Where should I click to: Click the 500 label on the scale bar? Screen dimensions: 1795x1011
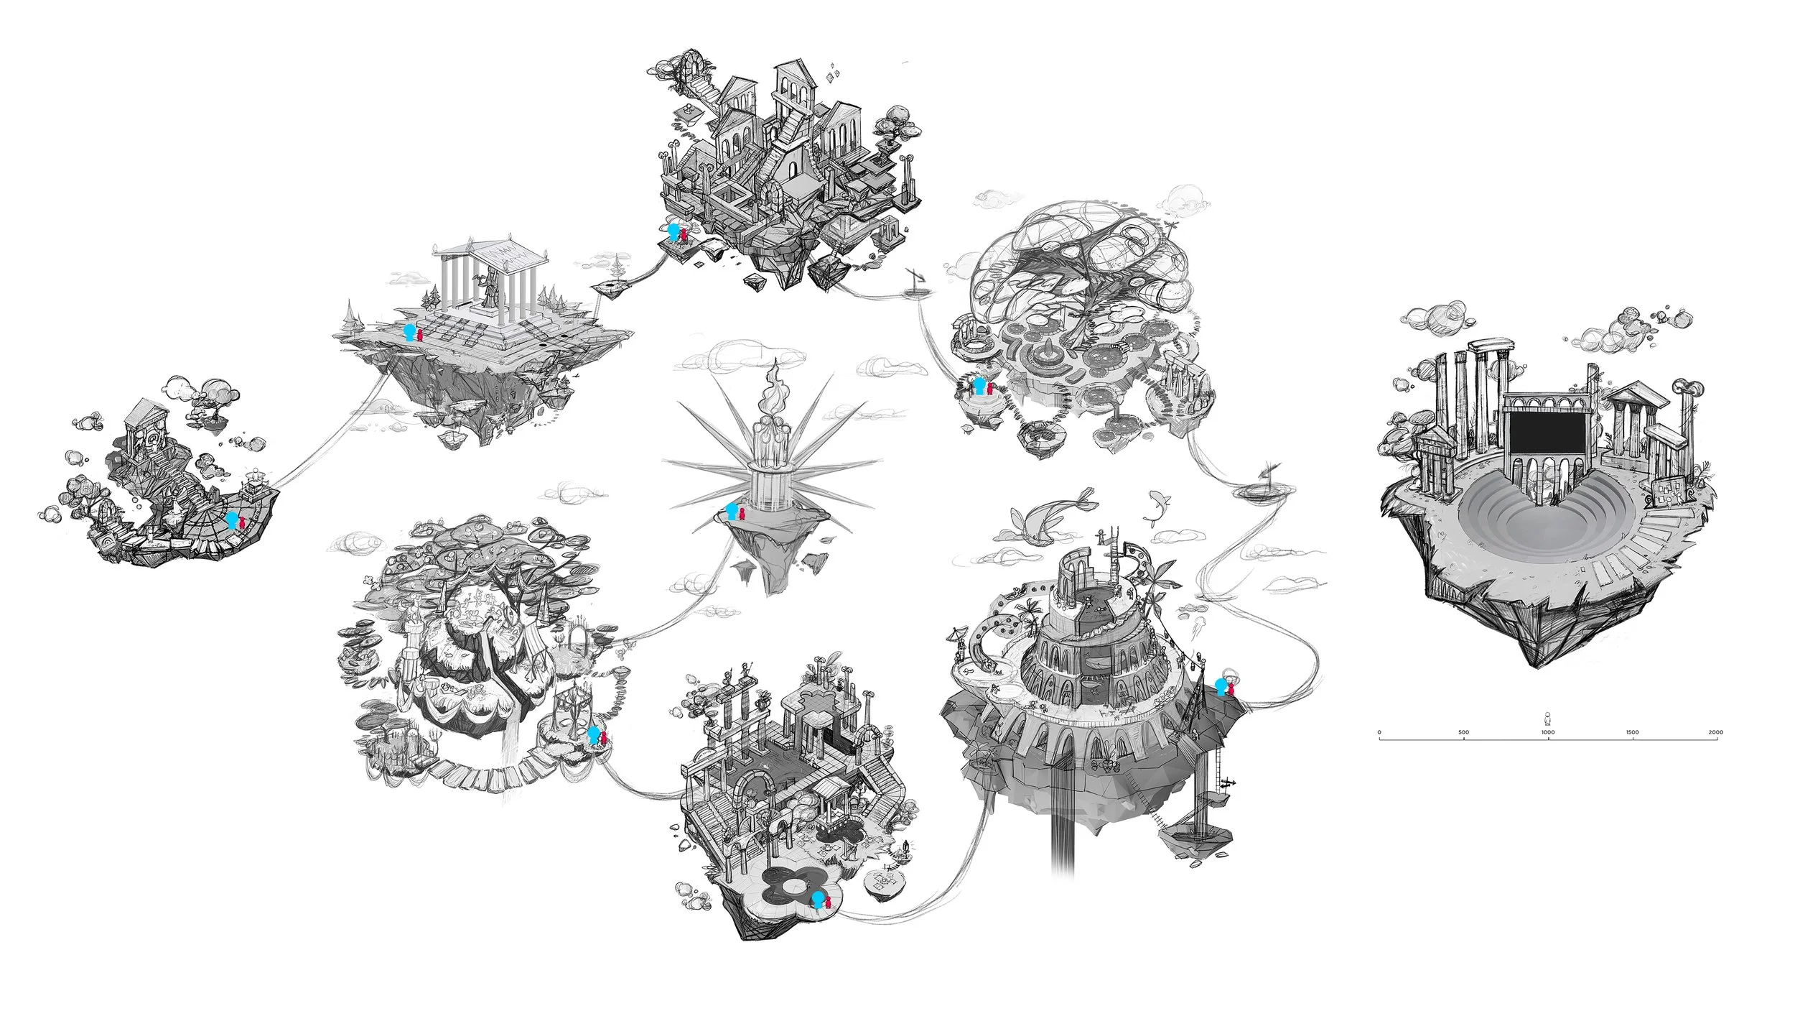tap(1464, 732)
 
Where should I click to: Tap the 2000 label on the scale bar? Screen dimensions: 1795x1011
tap(1716, 732)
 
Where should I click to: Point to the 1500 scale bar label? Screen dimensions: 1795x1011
tap(1632, 732)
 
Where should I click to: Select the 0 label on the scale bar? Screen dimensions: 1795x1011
tap(1379, 732)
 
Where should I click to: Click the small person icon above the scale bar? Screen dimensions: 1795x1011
tap(1548, 718)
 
